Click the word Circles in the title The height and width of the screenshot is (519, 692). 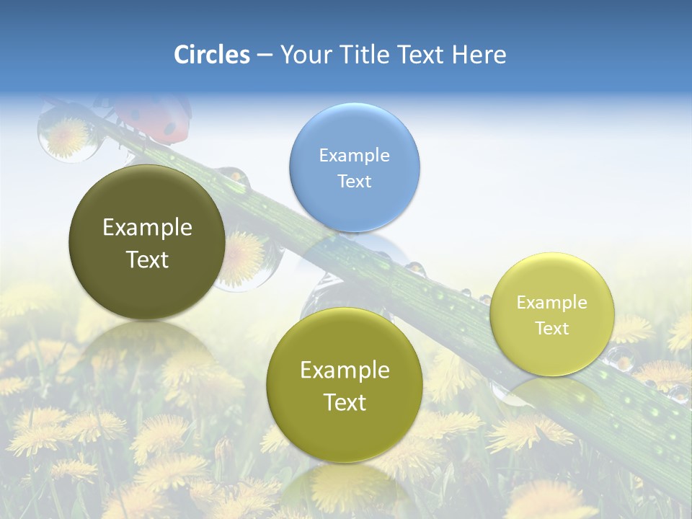(x=211, y=55)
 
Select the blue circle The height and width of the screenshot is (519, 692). (x=354, y=168)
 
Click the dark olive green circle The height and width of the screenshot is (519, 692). (x=147, y=242)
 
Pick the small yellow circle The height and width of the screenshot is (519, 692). (x=552, y=314)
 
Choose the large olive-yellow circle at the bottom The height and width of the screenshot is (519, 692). (x=345, y=385)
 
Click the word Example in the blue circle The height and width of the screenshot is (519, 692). (x=354, y=155)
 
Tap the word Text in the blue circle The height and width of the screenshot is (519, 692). (x=354, y=181)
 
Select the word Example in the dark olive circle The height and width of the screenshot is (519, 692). (x=147, y=228)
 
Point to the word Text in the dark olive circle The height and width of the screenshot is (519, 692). (x=147, y=259)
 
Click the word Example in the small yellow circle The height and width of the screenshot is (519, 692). (x=552, y=302)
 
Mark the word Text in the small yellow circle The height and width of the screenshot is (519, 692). (x=552, y=328)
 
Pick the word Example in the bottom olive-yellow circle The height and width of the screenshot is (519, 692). (x=345, y=370)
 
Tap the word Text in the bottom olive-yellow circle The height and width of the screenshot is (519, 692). (x=345, y=402)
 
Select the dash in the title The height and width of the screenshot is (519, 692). (x=265, y=56)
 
